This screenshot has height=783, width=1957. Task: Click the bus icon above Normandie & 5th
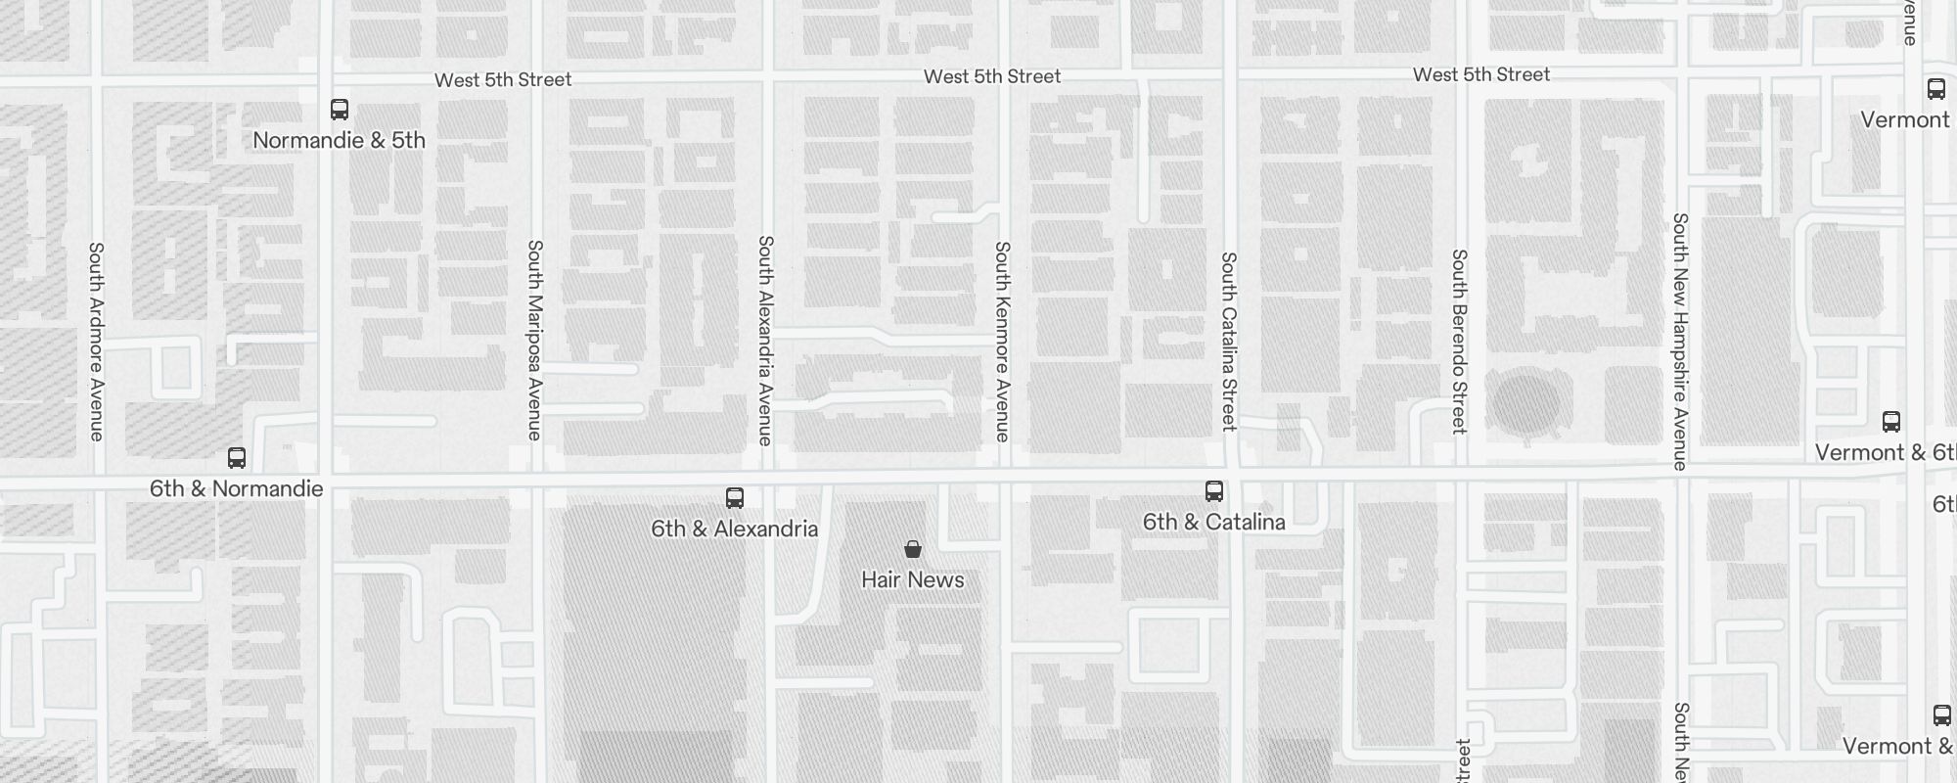point(340,109)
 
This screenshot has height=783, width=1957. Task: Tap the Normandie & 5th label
point(339,140)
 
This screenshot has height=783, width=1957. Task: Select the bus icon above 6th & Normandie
point(237,457)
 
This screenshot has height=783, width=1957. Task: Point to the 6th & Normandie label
point(236,488)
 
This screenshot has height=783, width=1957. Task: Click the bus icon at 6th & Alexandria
point(735,498)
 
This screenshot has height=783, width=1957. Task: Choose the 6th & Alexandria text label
point(734,530)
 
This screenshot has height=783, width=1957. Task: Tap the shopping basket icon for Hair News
point(913,549)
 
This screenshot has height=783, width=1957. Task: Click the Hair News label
point(912,580)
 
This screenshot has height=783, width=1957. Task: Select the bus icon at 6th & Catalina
point(1214,490)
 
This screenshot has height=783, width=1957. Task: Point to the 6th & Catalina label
point(1213,522)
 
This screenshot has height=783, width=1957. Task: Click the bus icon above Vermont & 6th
point(1891,422)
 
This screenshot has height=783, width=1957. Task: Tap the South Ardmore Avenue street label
point(96,342)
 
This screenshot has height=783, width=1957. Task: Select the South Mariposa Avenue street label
point(535,340)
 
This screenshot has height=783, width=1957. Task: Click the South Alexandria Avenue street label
point(766,340)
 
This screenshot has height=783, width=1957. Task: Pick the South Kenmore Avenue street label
point(1002,342)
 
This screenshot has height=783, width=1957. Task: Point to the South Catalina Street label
point(1229,342)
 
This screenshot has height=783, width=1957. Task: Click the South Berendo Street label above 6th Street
point(1459,342)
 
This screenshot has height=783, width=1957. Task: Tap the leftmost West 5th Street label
point(503,79)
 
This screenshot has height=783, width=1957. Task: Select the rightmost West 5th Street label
point(1481,74)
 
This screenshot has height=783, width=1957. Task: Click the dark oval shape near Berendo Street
point(1525,404)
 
